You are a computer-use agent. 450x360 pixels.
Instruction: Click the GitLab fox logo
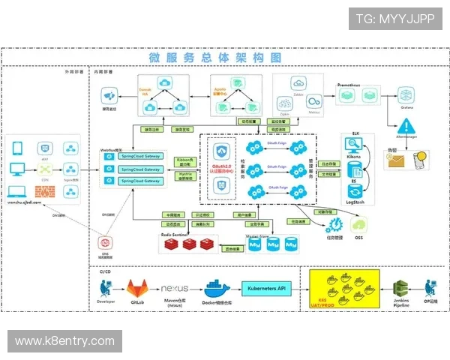(137, 289)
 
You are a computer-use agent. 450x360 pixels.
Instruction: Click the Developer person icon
(106, 287)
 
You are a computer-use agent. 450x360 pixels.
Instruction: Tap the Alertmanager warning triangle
(406, 126)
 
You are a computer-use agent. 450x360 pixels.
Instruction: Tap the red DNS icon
(106, 242)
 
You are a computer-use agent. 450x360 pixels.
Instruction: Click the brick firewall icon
(46, 191)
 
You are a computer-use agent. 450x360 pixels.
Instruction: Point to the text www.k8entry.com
(65, 341)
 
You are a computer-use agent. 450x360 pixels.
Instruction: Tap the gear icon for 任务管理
(334, 223)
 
